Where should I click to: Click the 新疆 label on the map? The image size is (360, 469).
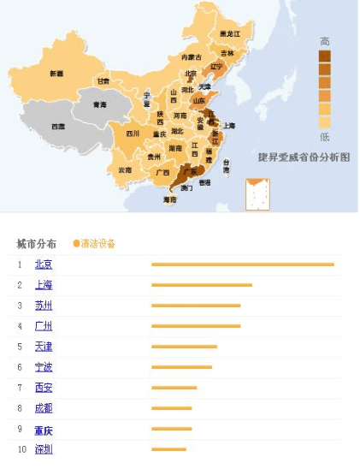56,74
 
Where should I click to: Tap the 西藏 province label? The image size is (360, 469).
57,126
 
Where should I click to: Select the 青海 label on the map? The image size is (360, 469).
100,104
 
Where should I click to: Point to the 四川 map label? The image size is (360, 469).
133,134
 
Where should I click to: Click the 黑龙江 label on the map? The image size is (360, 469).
230,33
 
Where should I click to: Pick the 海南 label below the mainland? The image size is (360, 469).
170,199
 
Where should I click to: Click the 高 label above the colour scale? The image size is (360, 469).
325,41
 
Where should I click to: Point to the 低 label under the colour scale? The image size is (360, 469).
325,136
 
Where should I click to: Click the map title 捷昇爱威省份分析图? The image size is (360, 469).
304,157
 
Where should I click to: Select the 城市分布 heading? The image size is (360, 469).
37,244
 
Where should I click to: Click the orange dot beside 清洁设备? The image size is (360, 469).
76,244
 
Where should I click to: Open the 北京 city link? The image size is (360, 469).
44,264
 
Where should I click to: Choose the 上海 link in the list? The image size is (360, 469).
44,285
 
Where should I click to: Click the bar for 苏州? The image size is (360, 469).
196,306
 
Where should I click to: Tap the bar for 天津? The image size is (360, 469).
184,347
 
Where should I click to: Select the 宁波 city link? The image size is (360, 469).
44,367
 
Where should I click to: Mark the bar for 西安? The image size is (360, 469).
174,388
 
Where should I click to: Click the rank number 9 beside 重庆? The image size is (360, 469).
20,429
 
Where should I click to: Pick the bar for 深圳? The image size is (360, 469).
168,449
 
